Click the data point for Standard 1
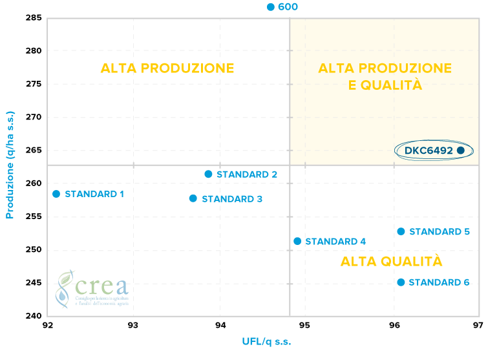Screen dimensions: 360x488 pos(56,194)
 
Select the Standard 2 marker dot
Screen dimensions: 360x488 pos(208,174)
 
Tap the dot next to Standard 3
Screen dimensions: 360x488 pos(193,198)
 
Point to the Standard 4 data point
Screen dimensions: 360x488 pos(297,241)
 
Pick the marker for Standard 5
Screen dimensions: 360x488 pos(401,231)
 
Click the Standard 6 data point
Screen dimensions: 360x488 pos(401,282)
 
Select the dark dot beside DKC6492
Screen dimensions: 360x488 pos(460,150)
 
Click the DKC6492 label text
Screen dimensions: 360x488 pos(429,151)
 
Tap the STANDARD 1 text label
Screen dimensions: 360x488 pos(94,194)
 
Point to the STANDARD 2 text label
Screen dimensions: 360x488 pos(247,175)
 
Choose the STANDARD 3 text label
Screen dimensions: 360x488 pos(232,199)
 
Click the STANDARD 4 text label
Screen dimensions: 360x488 pos(335,242)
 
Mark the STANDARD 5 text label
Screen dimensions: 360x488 pos(440,231)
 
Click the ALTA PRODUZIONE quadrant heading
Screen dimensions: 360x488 pos(167,69)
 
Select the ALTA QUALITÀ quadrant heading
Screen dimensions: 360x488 pos(391,262)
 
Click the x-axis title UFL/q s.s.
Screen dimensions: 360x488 pos(266,341)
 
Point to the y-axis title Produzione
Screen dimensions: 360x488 pos(10,164)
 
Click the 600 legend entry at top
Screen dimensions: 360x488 pos(283,7)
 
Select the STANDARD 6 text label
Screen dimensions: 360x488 pos(439,282)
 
